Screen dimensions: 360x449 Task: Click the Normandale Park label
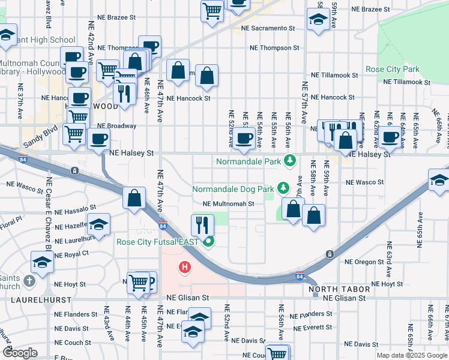249,161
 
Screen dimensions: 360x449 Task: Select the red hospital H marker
185,266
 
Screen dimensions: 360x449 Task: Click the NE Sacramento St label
268,28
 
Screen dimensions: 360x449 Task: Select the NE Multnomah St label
229,204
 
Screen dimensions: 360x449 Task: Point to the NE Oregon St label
364,262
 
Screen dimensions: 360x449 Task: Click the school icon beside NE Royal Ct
42,262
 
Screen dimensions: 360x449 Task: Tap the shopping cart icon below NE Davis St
277,354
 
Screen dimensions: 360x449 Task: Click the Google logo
20,353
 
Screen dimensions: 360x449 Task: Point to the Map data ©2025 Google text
411,355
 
